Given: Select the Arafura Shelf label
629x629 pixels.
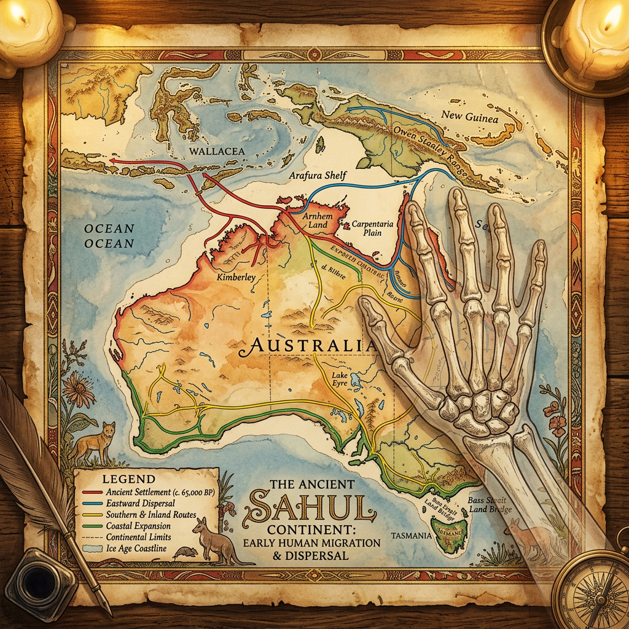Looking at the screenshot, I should click(x=318, y=176).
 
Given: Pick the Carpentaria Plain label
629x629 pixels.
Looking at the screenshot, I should click(x=371, y=229).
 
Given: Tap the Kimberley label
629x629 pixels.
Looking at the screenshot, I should click(x=236, y=278).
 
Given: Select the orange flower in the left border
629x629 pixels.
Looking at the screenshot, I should click(x=78, y=391).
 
